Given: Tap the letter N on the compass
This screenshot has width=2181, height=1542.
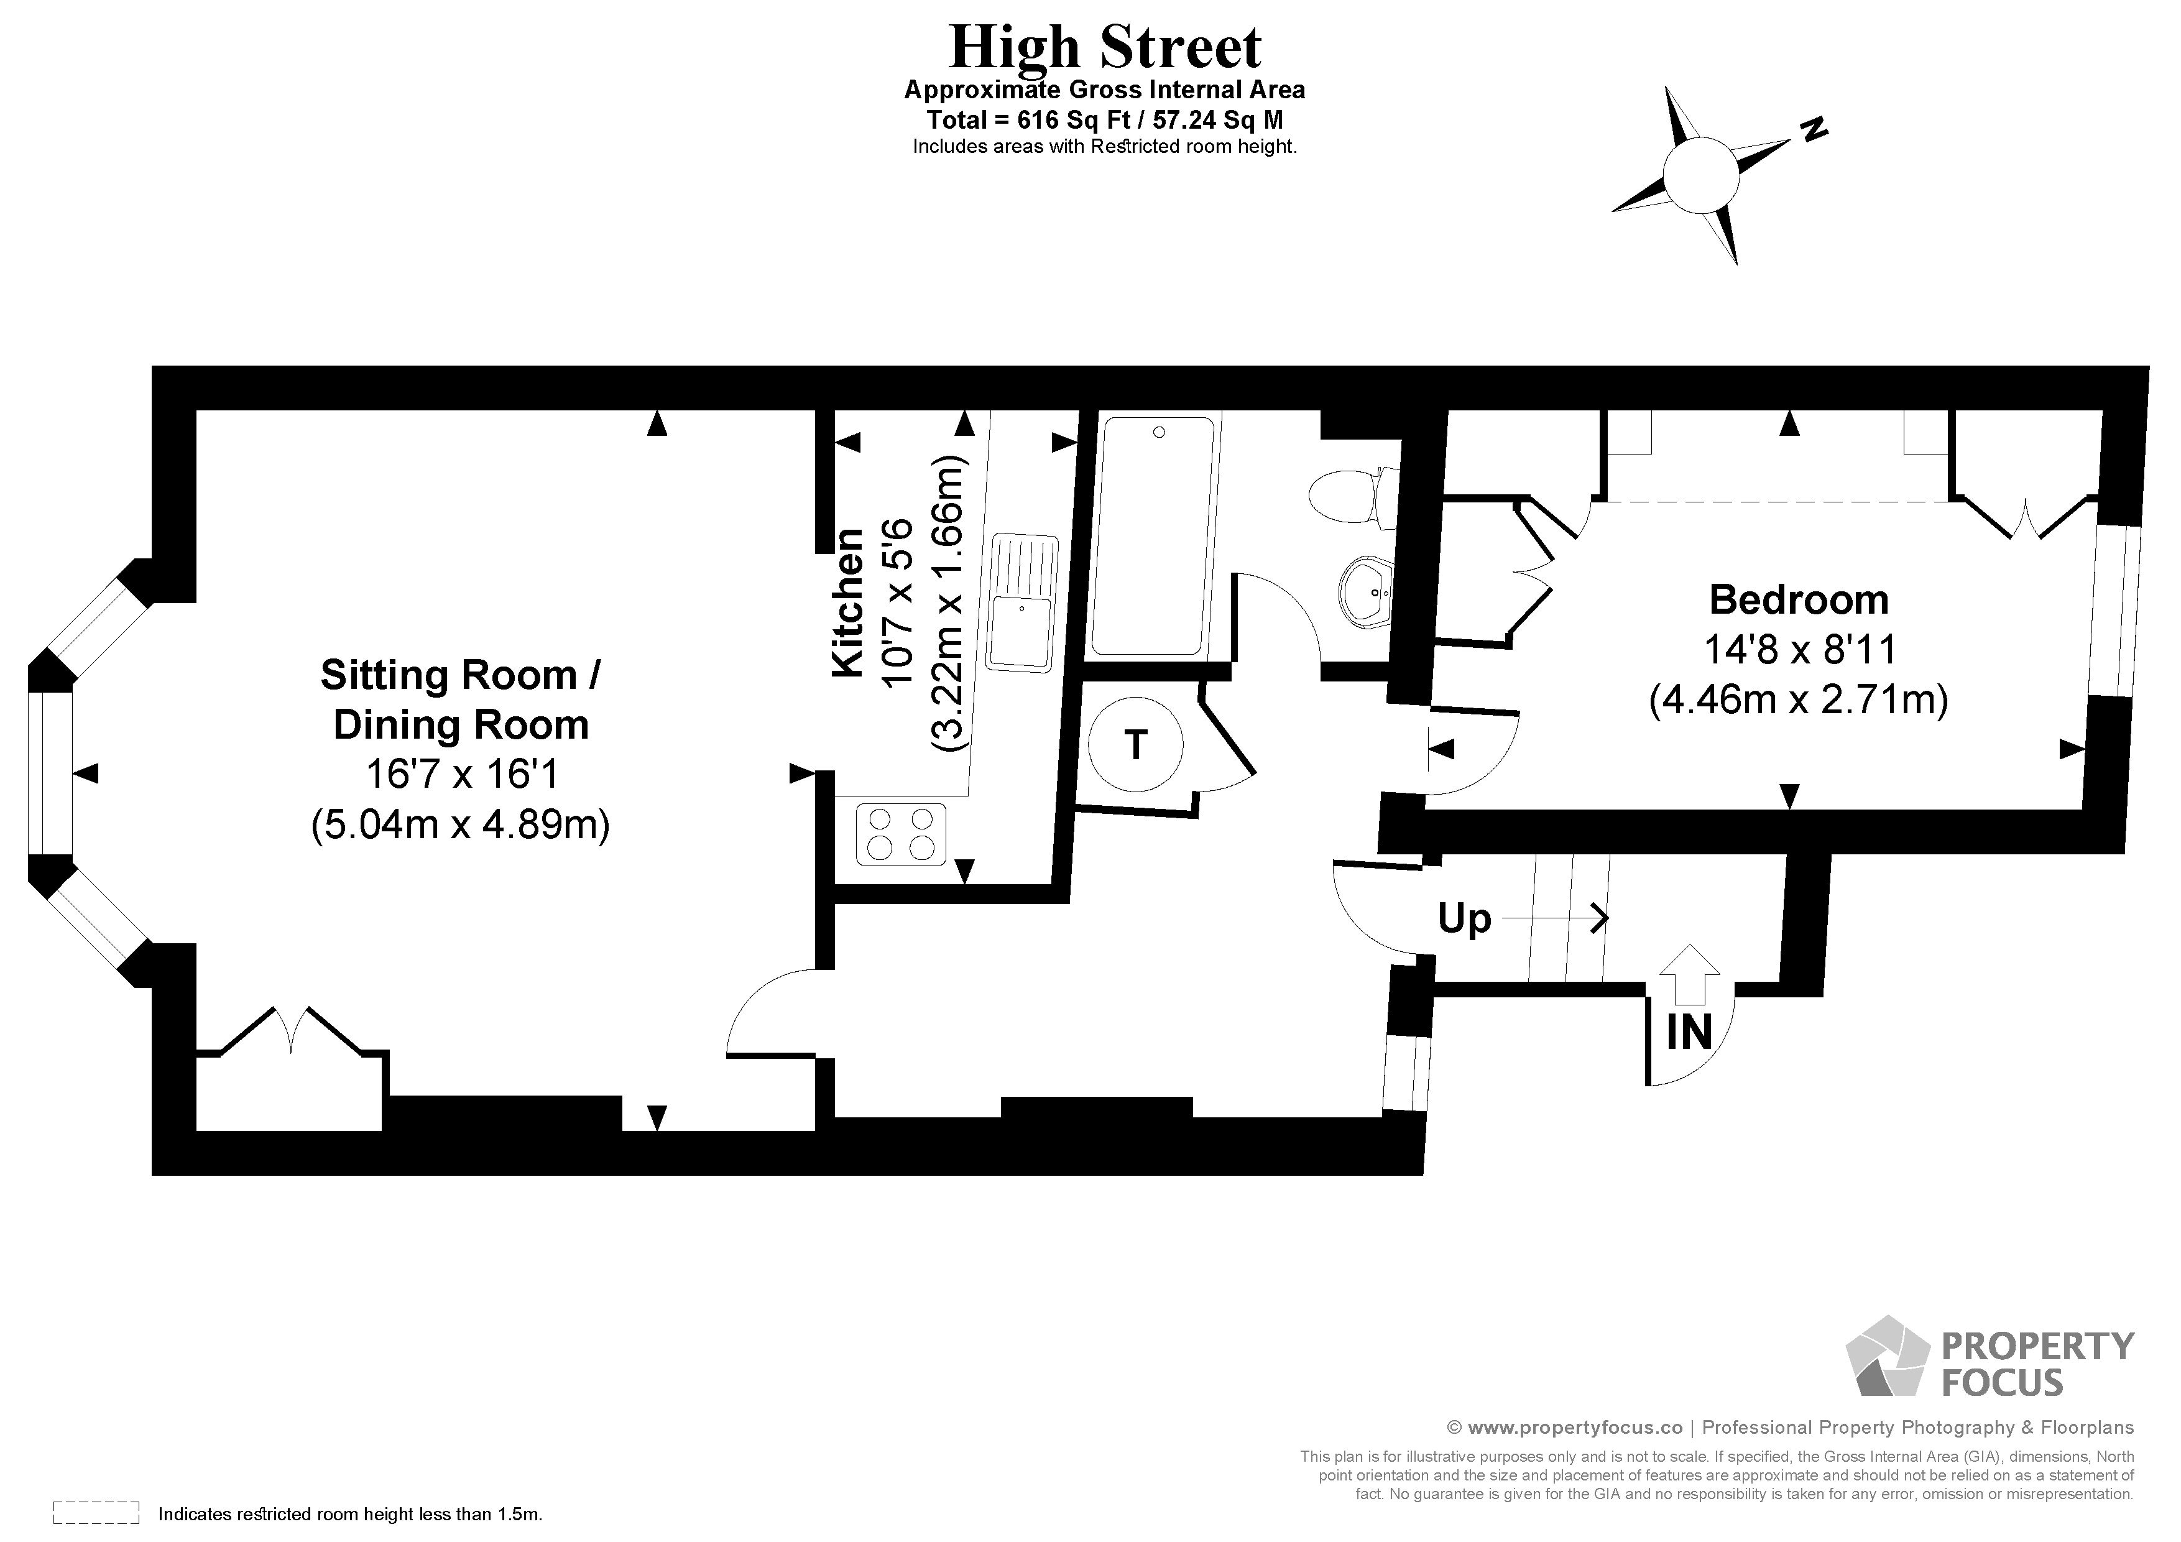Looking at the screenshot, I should pos(1814,130).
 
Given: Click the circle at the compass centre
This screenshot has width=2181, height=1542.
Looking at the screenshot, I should pos(1700,175).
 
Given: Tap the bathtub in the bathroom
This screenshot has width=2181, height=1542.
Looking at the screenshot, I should pos(1153,536).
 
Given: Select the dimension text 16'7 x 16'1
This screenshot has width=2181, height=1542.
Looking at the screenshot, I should pos(462,774).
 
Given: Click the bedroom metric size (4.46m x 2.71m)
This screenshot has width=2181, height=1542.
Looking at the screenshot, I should pos(1798,700).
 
